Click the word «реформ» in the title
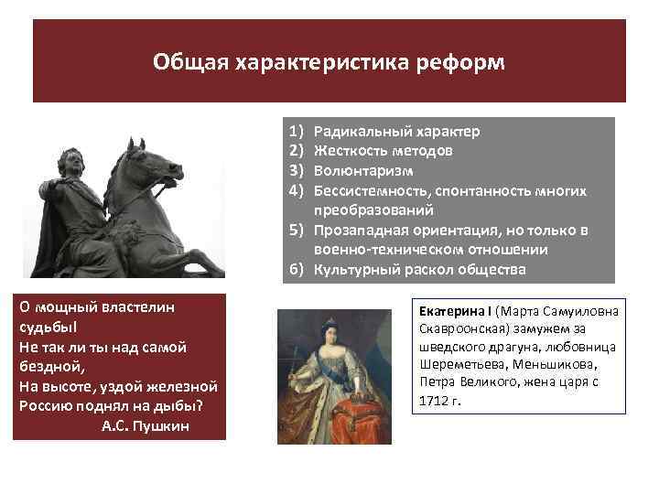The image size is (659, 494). tap(462, 63)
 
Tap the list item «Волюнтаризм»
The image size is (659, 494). tap(363, 170)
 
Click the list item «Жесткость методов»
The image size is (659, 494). tap(383, 150)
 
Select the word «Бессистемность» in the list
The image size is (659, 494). tap(372, 190)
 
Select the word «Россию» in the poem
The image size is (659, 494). tap(45, 405)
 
